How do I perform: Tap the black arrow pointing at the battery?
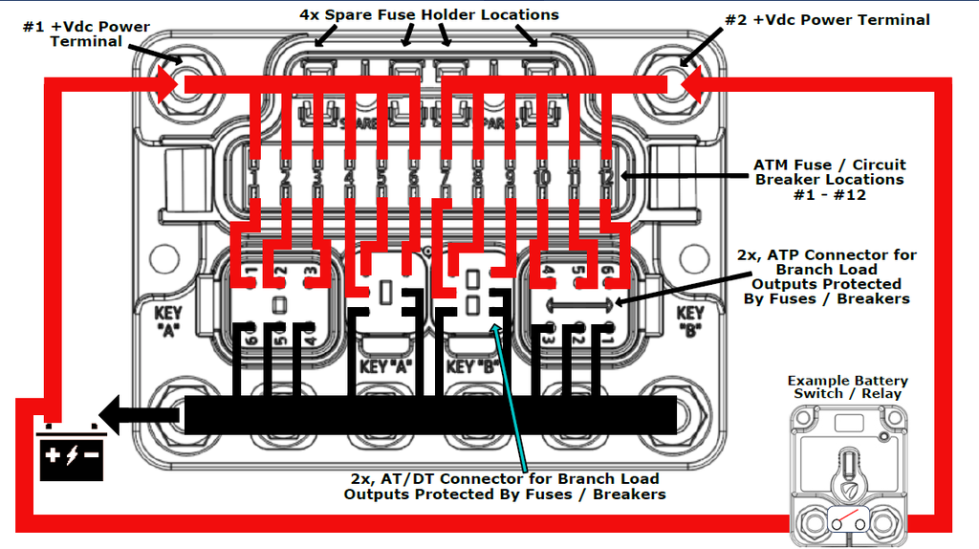pyautogui.click(x=140, y=415)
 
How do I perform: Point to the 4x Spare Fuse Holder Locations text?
pyautogui.click(x=427, y=14)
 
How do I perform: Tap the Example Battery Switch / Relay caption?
pyautogui.click(x=847, y=386)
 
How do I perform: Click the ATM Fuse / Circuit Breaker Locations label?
pyautogui.click(x=828, y=179)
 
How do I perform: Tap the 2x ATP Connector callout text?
pyautogui.click(x=826, y=276)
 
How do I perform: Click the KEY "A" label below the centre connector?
pyautogui.click(x=386, y=365)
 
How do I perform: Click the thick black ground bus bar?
pyautogui.click(x=430, y=414)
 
